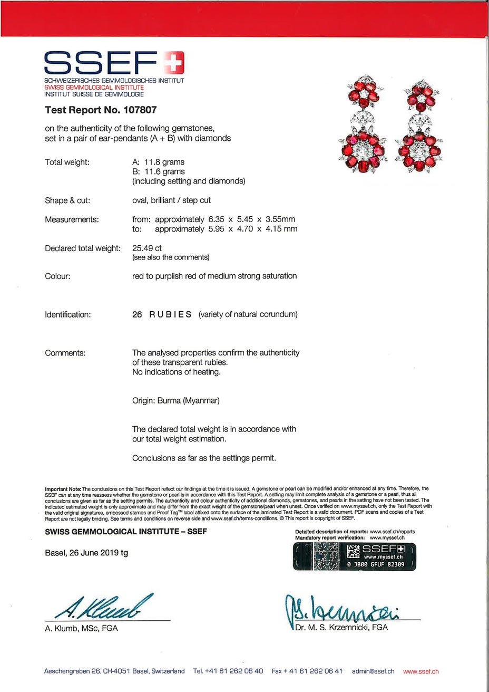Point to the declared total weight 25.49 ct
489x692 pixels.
point(147,248)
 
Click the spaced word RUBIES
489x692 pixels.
point(170,314)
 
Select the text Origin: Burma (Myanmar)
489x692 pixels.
point(175,400)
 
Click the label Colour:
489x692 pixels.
point(57,276)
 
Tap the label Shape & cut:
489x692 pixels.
point(67,200)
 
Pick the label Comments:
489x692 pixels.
point(65,353)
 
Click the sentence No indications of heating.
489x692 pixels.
point(176,372)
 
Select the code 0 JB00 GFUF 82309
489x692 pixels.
point(375,564)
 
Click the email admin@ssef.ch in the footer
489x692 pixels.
point(373,671)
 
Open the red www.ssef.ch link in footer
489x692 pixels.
point(420,671)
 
